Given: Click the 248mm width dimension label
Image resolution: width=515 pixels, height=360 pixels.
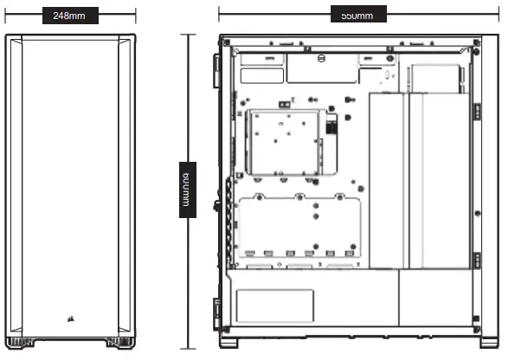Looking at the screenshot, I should (68, 16).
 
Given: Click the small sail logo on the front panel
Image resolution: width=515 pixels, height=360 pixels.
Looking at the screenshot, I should (68, 316).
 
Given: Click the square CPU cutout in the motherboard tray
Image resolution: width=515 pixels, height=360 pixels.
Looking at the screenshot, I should (285, 142).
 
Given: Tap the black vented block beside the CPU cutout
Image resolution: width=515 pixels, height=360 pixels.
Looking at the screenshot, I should (331, 126).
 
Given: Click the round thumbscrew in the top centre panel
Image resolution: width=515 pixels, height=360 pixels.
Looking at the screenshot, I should (319, 59).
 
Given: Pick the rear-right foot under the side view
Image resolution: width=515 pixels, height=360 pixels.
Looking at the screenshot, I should (490, 341).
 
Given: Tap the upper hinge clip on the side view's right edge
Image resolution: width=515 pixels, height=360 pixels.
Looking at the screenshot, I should (477, 112).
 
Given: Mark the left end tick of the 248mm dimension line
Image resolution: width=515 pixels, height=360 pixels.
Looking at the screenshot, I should (5, 16).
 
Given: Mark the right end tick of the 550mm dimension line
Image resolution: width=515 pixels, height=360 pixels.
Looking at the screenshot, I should (499, 15).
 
